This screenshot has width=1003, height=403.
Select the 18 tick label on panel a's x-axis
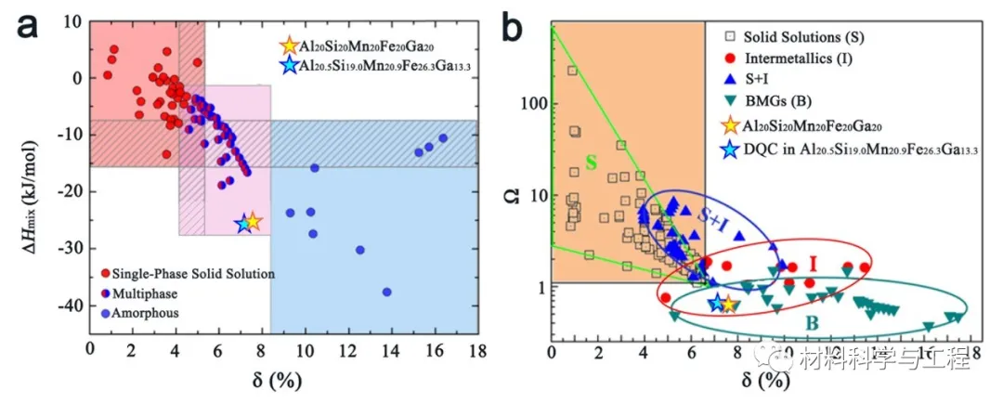(477, 350)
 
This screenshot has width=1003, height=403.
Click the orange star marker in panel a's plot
(253, 221)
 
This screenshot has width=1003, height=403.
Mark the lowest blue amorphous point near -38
(387, 292)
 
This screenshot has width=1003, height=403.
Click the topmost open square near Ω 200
(572, 71)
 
